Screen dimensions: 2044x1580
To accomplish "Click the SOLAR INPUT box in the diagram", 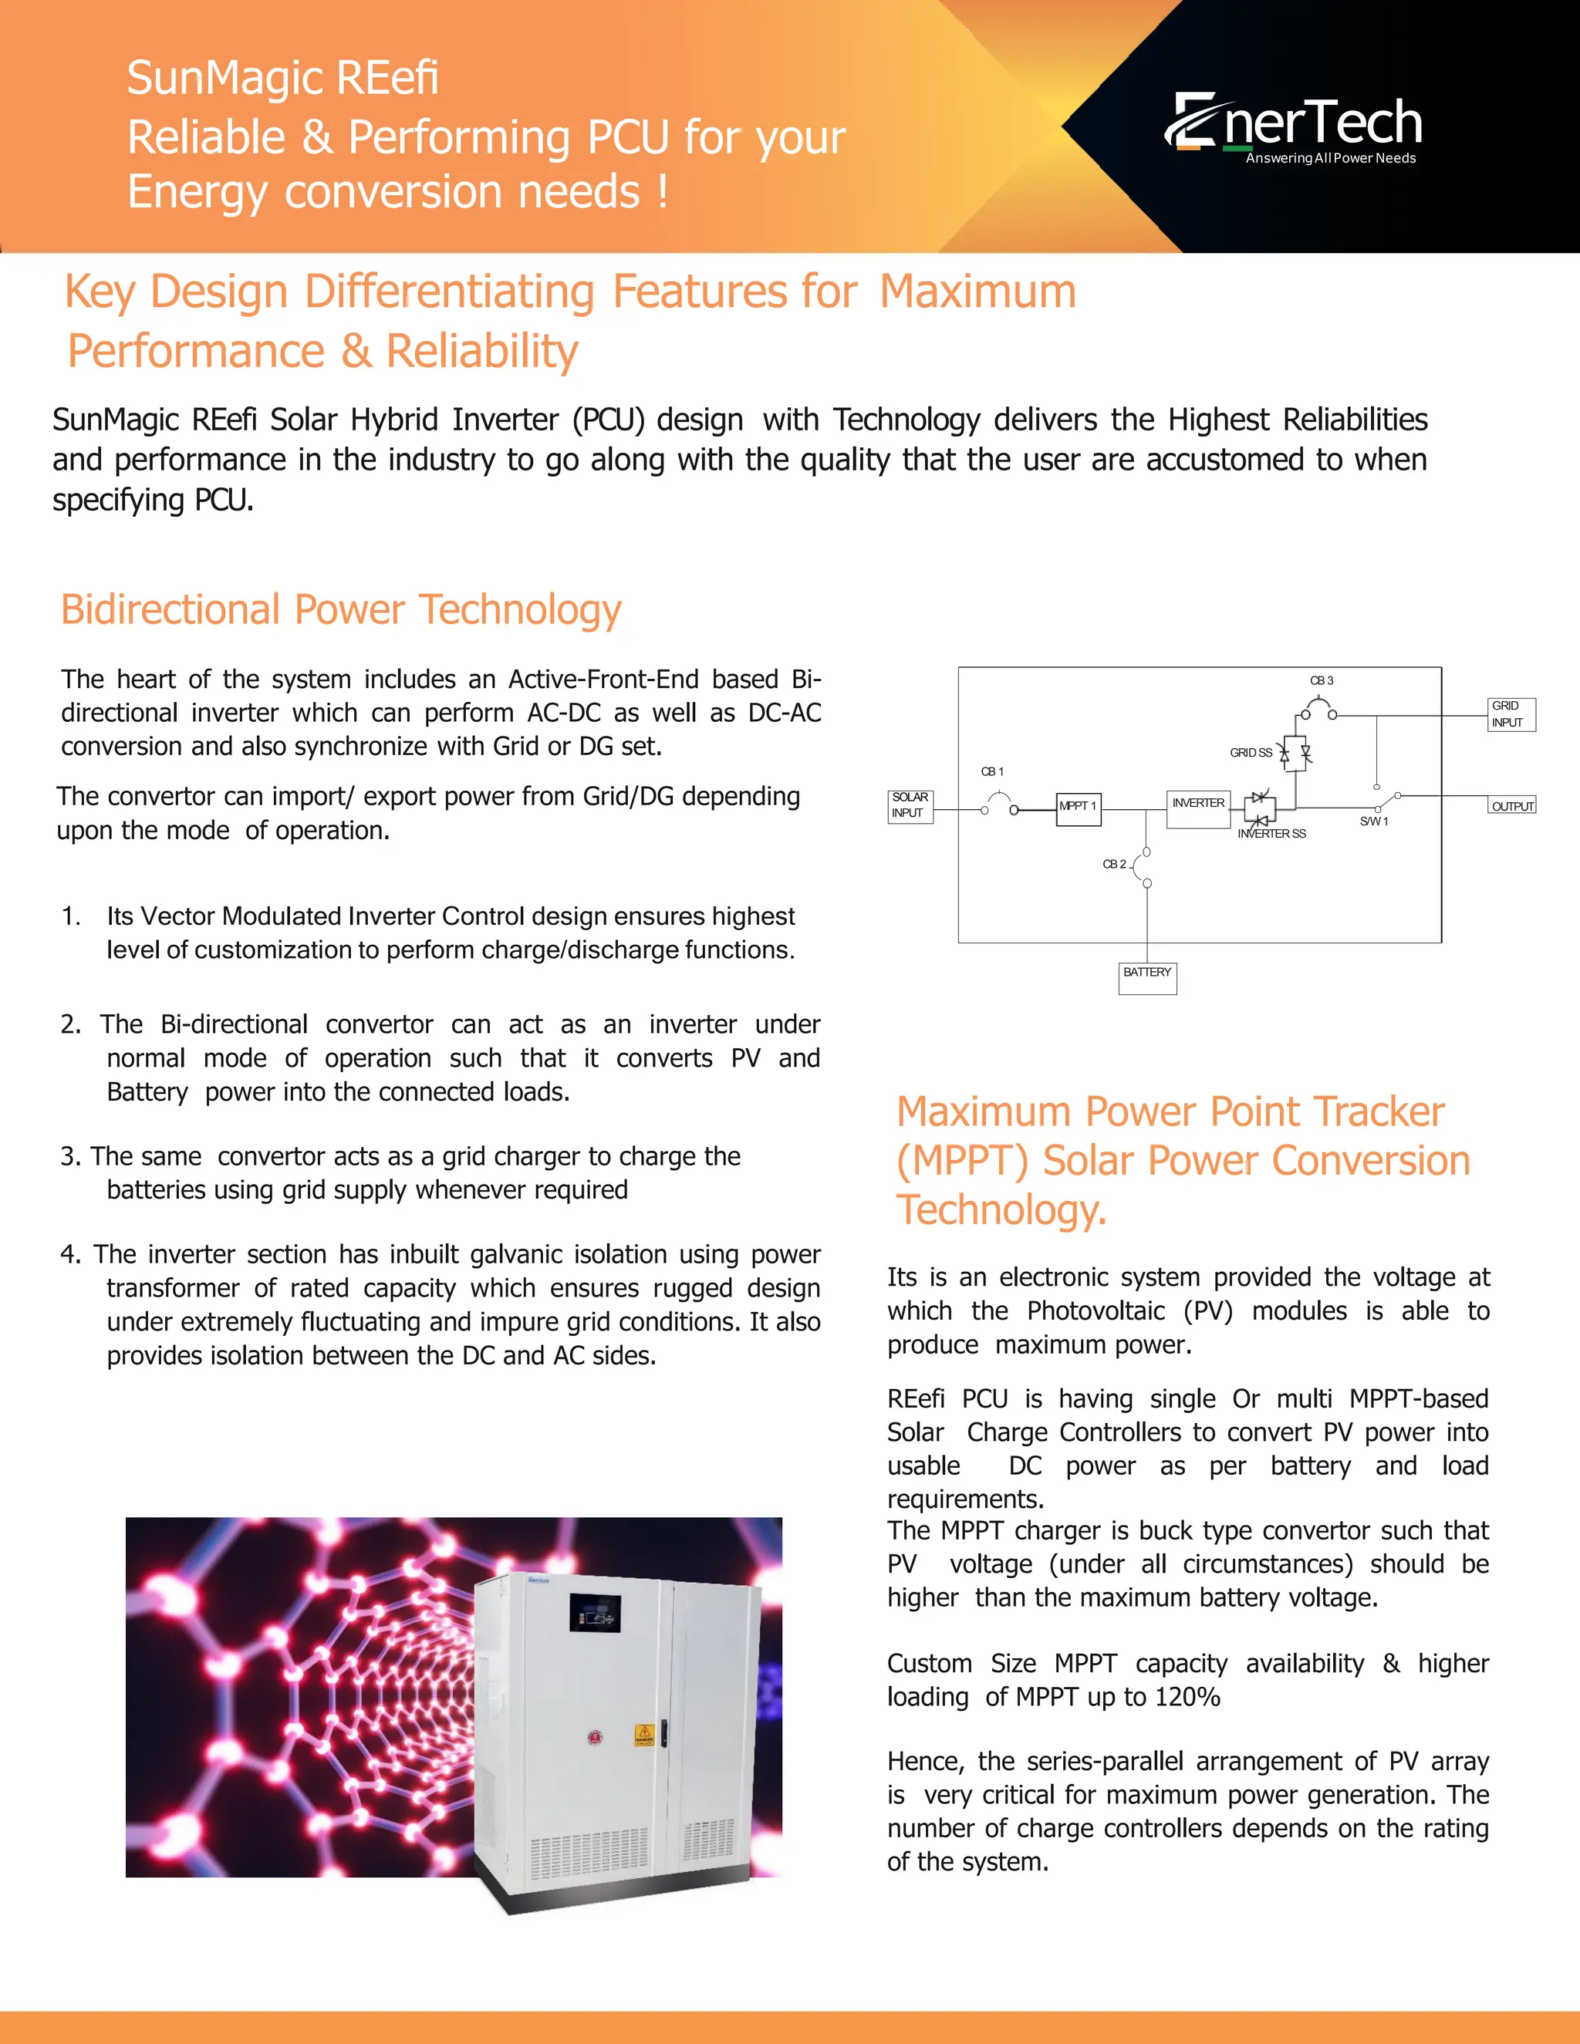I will pos(910,804).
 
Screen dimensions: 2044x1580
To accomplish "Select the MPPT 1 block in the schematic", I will pos(1079,808).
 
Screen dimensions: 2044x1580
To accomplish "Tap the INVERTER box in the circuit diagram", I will pos(1198,808).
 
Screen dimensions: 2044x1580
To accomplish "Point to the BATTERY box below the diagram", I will pos(1147,977).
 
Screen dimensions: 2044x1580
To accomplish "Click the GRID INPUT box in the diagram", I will pos(1511,714).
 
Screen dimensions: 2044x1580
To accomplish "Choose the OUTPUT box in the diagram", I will pos(1511,806).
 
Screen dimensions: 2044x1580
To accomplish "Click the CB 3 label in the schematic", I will pos(1322,680).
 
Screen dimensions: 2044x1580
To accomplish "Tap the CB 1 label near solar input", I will pos(992,771).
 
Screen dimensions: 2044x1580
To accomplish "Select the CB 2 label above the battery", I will pos(1114,864).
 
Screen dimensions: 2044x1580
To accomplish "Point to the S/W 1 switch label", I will pos(1374,821).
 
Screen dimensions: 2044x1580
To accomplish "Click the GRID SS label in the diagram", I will pos(1251,753).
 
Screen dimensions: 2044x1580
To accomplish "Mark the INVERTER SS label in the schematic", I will pos(1271,833).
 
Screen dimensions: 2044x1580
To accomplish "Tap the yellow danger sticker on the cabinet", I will pos(644,1734).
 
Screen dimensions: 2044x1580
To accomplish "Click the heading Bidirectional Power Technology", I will pos(341,609).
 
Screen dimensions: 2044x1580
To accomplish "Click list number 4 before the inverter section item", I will pos(70,1254).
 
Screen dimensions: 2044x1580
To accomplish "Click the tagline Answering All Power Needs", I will pos(1330,158).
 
